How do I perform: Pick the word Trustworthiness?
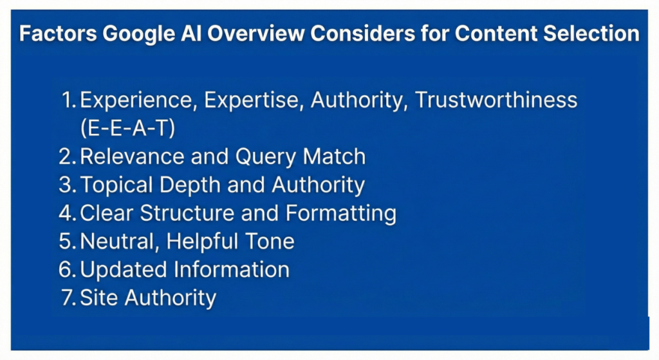[496, 100]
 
